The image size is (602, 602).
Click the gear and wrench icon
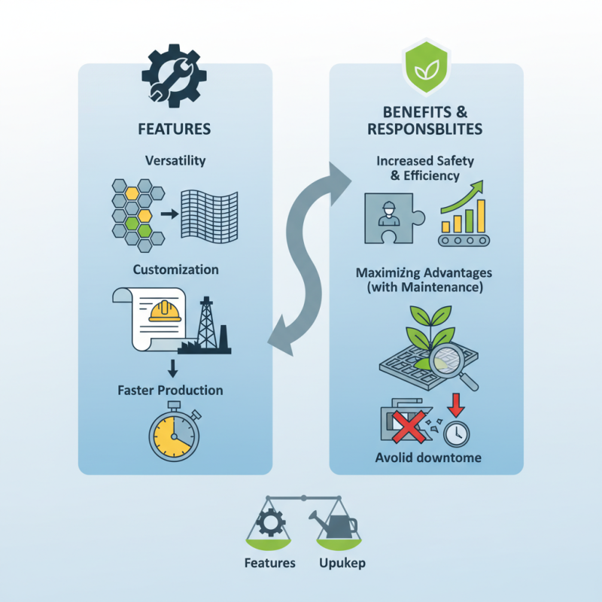(172, 76)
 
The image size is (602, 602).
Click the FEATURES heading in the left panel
(175, 129)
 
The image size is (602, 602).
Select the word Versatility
(175, 161)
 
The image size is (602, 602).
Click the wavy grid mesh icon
(211, 212)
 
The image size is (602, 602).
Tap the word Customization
(175, 269)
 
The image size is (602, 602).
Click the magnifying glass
(459, 366)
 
